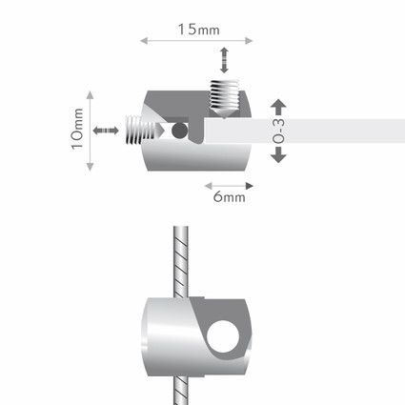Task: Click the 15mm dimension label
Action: pos(198,30)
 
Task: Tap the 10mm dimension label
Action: pos(77,129)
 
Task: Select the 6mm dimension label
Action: pos(229,197)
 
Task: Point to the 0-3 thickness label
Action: pos(278,132)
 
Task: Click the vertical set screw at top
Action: pos(225,99)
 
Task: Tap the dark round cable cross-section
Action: pos(179,131)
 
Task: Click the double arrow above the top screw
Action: pos(224,60)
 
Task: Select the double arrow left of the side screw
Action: pos(106,131)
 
